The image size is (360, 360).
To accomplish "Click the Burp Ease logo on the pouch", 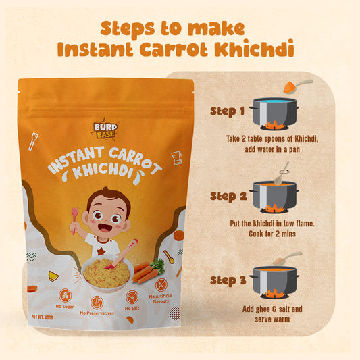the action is click(105, 130).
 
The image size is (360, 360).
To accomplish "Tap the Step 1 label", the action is click(228, 111).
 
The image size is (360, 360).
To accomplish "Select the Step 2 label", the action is click(228, 197).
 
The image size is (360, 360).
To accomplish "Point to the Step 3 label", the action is click(228, 280).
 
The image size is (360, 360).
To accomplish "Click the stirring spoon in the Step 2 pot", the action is click(282, 174).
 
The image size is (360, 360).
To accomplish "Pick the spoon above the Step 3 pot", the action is click(288, 258).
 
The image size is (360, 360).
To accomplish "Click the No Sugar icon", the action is click(65, 295).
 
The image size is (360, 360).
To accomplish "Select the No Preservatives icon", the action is click(97, 303).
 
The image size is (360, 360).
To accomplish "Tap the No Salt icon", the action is click(132, 297).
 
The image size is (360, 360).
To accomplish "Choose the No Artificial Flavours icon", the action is click(161, 285).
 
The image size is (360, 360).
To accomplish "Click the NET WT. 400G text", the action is click(43, 317).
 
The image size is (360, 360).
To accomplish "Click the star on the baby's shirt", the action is click(101, 251).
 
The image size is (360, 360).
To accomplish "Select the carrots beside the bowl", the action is click(147, 272).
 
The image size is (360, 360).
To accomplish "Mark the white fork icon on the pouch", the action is click(33, 141).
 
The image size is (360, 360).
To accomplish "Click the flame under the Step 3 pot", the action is click(274, 294).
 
